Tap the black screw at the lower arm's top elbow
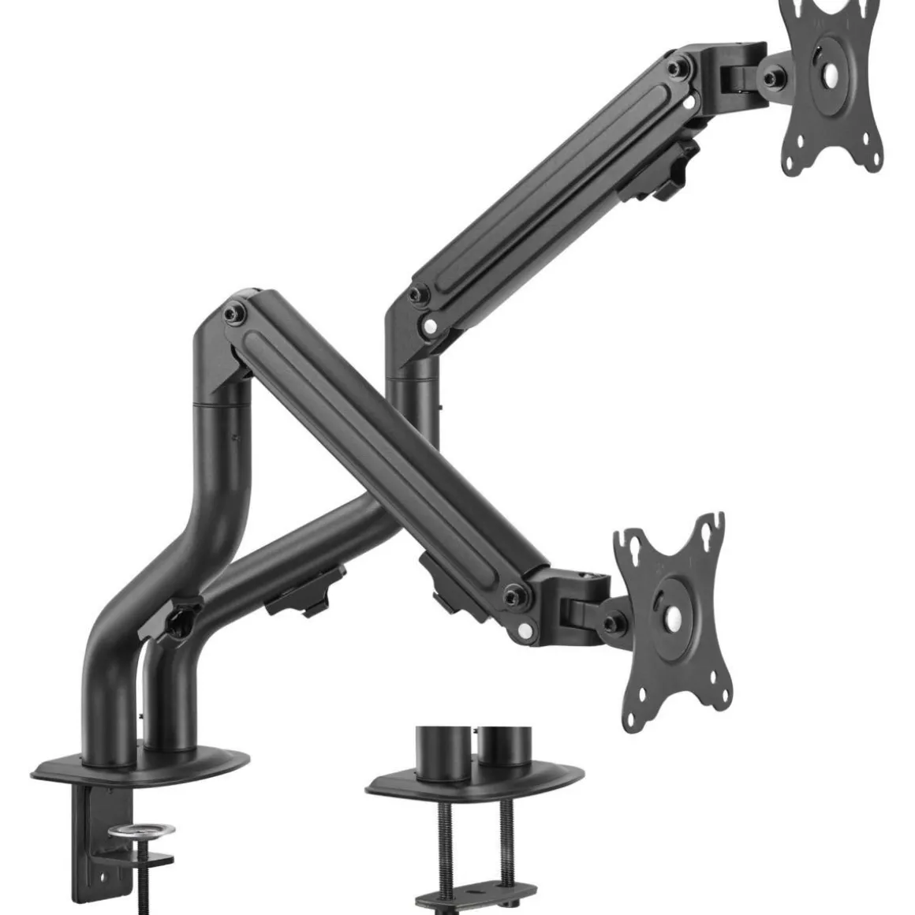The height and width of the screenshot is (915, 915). point(233,314)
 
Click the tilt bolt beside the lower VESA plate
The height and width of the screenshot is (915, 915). point(611,623)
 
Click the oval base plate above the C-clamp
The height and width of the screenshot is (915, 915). point(142,763)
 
